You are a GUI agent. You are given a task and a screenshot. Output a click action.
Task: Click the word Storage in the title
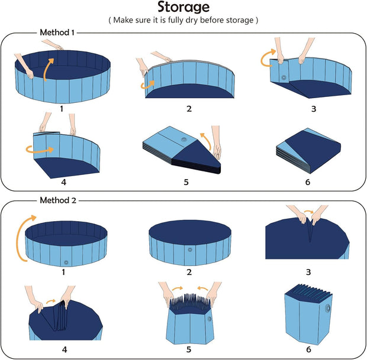(x=183, y=7)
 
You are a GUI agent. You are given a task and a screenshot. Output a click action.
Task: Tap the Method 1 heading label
(x=57, y=33)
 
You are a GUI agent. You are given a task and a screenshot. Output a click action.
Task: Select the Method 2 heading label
(x=58, y=200)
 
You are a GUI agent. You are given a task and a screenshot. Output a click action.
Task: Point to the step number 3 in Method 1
(x=314, y=109)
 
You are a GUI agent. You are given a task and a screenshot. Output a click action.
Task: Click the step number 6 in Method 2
(x=308, y=349)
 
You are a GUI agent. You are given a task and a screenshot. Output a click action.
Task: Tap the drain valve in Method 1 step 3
(x=284, y=77)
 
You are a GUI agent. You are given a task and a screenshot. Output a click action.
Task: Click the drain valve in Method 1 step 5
(x=183, y=140)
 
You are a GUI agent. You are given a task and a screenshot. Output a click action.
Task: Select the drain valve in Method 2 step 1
(x=66, y=262)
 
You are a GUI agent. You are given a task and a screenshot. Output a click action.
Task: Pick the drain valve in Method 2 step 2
(x=190, y=249)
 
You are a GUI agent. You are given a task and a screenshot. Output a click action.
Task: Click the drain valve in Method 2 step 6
(x=327, y=309)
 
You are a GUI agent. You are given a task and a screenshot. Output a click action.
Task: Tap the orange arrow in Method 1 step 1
(x=47, y=69)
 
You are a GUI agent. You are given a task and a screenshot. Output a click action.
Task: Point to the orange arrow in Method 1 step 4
(x=40, y=150)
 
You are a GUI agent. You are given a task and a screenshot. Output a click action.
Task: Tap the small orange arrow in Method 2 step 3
(x=308, y=212)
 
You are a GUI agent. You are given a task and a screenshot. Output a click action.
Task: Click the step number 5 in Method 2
(x=189, y=349)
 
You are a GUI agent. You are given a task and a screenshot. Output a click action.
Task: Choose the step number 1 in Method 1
(x=62, y=109)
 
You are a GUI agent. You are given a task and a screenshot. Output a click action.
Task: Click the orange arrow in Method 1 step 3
(x=267, y=58)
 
